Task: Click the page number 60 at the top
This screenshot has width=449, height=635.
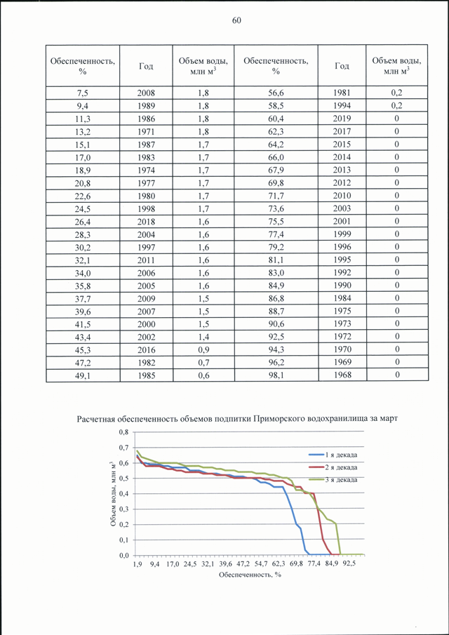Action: [x=237, y=21]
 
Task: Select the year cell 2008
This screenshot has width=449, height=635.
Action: [x=146, y=93]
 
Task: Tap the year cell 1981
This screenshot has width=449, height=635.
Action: [x=342, y=93]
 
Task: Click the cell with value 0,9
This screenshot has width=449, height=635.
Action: [x=203, y=349]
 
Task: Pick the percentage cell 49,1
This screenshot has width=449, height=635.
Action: [x=83, y=375]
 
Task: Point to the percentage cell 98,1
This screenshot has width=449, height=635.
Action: [x=276, y=375]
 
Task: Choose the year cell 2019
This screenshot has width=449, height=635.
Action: [x=342, y=119]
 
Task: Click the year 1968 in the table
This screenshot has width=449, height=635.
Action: [x=342, y=375]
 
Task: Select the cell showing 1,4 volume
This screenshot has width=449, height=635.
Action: [x=203, y=337]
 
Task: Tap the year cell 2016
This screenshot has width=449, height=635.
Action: [x=146, y=349]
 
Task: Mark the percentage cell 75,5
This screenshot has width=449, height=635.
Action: [x=276, y=221]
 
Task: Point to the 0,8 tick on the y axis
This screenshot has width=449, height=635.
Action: [x=124, y=432]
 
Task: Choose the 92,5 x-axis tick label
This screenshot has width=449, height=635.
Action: [x=349, y=563]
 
